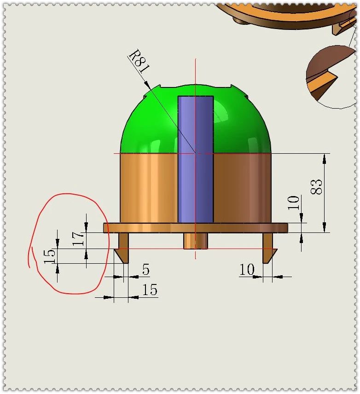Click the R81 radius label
[139, 62]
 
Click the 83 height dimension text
[317, 186]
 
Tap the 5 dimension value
[145, 270]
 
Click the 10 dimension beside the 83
[294, 203]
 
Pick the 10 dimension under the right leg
[247, 270]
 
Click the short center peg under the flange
[195, 241]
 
